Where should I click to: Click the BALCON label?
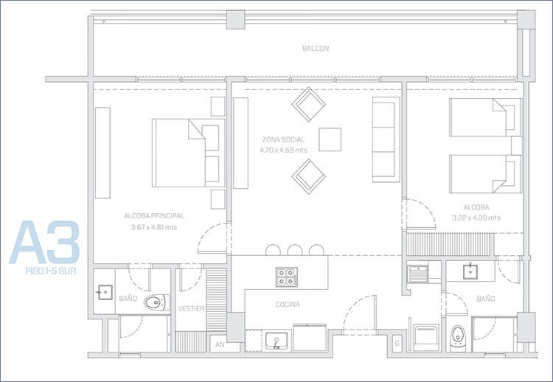(316, 49)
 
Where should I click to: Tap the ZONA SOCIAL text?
(283, 139)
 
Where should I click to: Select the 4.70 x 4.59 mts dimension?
(284, 150)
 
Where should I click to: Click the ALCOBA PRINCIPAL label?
(154, 216)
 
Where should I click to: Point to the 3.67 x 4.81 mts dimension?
(154, 228)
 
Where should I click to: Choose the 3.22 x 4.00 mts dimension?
(476, 218)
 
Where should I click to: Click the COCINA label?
(288, 305)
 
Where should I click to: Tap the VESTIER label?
(191, 309)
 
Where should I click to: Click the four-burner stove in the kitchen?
(287, 277)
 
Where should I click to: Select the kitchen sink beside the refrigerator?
(276, 341)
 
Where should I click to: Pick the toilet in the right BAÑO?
(458, 338)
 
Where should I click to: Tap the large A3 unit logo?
(44, 243)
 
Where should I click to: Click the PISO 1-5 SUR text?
(51, 271)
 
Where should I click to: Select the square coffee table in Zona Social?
(330, 139)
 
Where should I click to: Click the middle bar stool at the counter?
(295, 250)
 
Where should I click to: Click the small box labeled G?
(397, 343)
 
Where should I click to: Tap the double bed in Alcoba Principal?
(188, 153)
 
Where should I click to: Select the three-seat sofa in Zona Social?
(386, 139)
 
